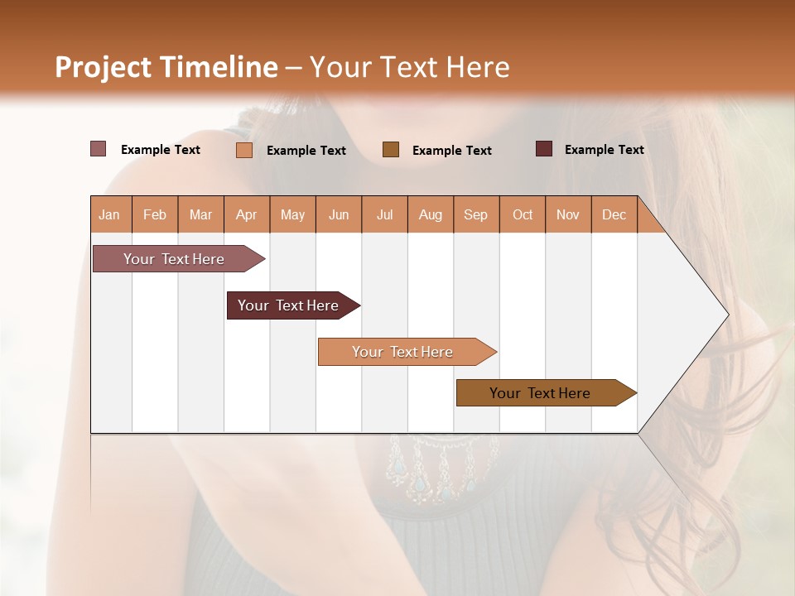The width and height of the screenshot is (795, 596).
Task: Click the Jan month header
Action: click(109, 214)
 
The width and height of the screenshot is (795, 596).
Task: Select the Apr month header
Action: click(247, 214)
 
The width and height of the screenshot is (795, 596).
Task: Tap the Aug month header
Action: click(431, 214)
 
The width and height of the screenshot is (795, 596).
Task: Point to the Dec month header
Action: click(614, 214)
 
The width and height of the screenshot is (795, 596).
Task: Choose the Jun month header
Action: click(339, 214)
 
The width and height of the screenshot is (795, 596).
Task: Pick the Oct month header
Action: click(523, 214)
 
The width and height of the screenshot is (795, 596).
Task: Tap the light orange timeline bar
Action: click(403, 352)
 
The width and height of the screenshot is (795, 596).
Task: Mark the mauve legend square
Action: click(98, 149)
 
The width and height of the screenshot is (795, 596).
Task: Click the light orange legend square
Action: click(244, 150)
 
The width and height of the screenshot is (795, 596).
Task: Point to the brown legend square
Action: click(391, 149)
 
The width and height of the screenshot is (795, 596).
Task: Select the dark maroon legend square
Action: click(544, 149)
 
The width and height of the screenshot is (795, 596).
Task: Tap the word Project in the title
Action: click(103, 67)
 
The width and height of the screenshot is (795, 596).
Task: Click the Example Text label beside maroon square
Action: click(604, 150)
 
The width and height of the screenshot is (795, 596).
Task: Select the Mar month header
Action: click(200, 214)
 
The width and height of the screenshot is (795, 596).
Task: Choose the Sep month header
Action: click(476, 214)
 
